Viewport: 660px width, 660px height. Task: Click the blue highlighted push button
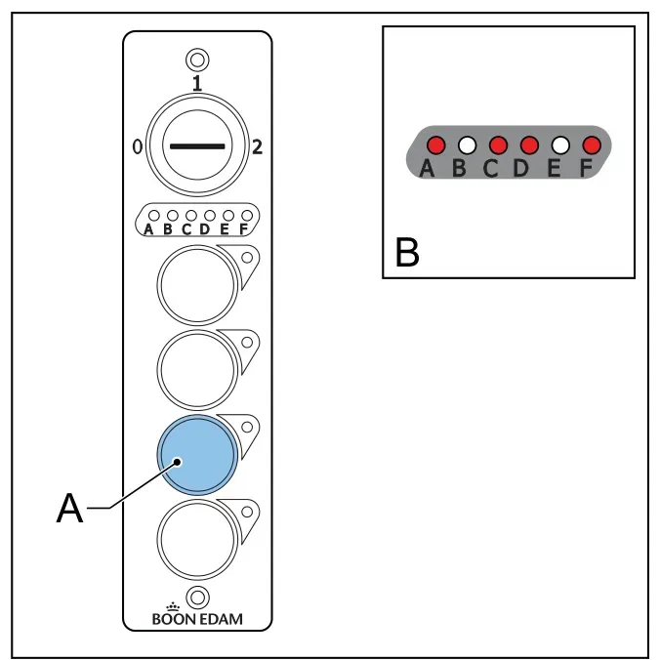point(197,455)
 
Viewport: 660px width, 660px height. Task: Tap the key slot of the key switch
point(197,146)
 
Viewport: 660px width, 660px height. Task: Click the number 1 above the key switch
point(197,83)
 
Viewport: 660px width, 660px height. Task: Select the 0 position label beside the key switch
point(138,146)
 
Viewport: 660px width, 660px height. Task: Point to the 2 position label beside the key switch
point(257,146)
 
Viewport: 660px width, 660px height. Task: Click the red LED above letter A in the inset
point(436,145)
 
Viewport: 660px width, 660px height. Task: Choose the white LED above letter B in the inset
point(468,145)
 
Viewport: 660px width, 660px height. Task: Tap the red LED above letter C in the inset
point(498,145)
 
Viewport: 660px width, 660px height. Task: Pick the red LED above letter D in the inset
point(529,145)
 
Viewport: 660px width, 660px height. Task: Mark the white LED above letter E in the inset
point(560,145)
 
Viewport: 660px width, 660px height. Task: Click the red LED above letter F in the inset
point(592,145)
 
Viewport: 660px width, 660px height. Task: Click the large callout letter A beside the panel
point(70,508)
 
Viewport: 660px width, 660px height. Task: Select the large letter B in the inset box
point(407,252)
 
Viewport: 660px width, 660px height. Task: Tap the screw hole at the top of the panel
point(197,60)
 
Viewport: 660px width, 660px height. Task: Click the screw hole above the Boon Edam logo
point(197,598)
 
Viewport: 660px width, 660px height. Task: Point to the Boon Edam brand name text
point(197,619)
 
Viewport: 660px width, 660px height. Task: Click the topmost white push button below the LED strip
point(197,285)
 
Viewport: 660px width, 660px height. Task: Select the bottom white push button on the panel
point(197,540)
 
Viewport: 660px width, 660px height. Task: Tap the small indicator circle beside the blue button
point(247,427)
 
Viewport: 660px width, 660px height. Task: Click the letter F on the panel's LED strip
point(244,229)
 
